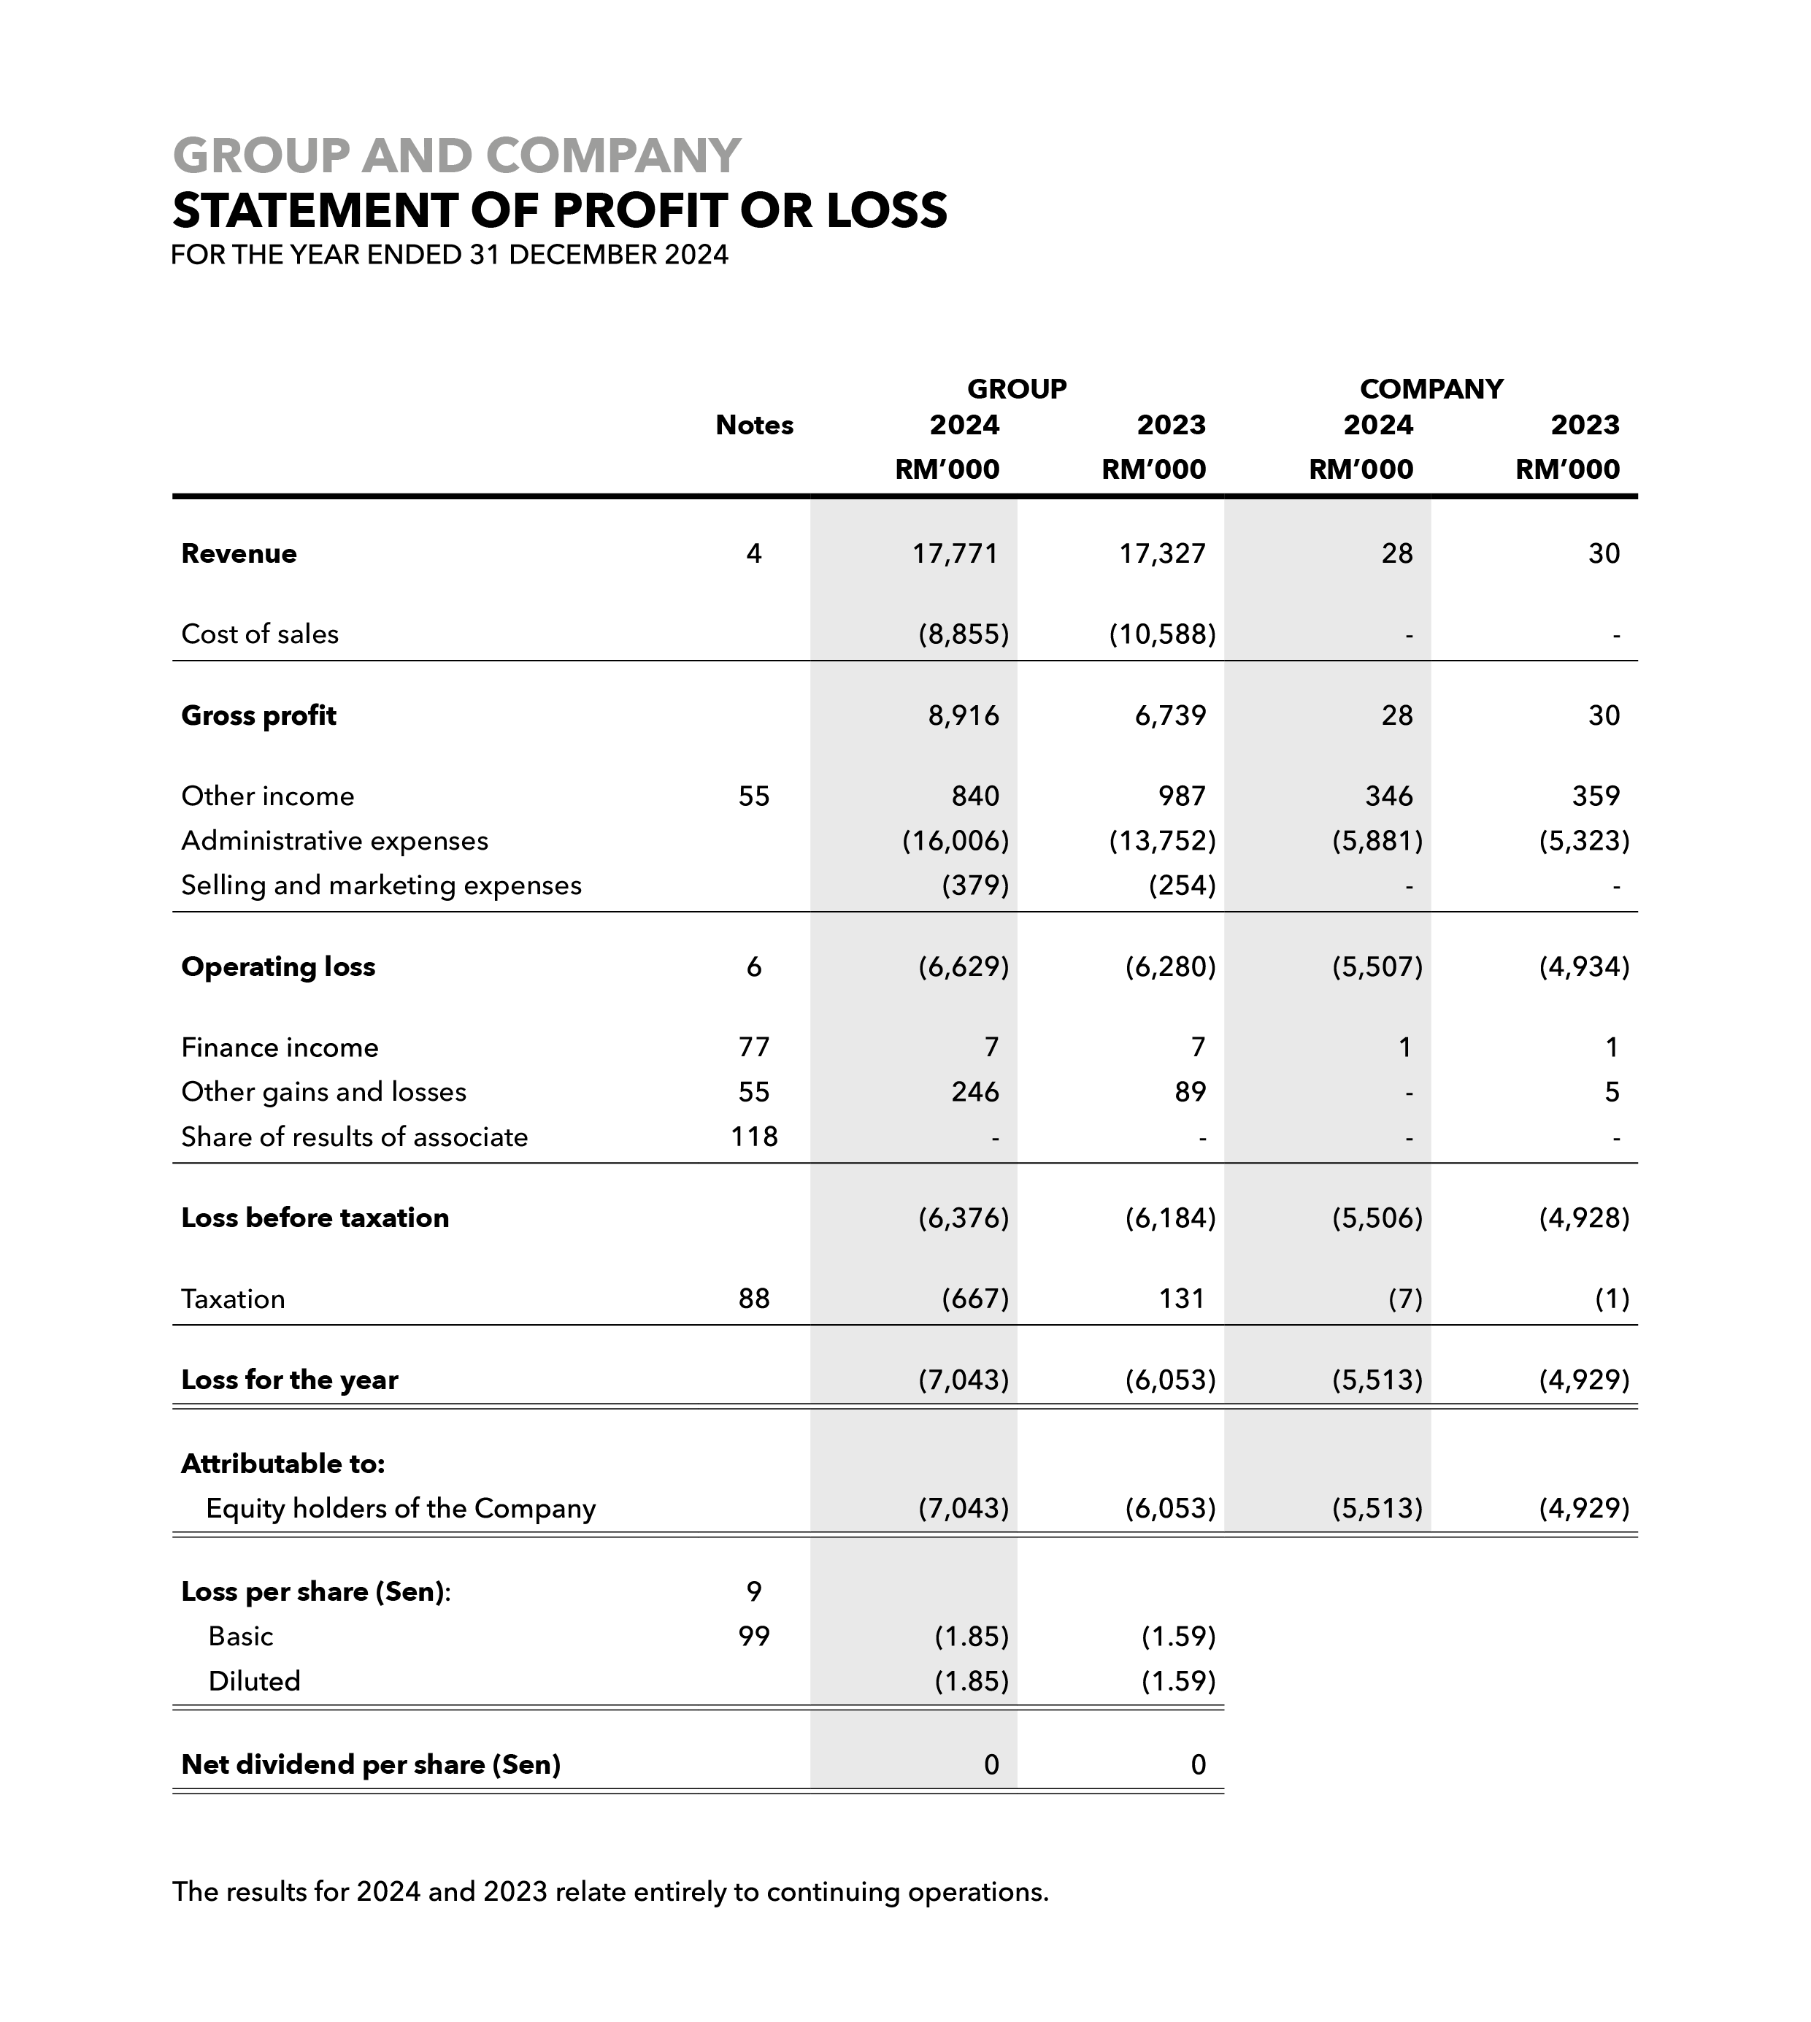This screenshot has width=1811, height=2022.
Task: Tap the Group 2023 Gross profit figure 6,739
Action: [x=1170, y=715]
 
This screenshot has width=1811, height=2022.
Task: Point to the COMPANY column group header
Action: [x=1431, y=389]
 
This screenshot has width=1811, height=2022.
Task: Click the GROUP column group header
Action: [x=1016, y=389]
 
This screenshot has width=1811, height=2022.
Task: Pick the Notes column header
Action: [x=754, y=426]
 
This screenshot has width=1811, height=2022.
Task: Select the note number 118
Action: [x=754, y=1137]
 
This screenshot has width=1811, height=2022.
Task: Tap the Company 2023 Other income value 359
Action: [x=1596, y=796]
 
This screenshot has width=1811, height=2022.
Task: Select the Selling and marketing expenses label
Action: [x=381, y=885]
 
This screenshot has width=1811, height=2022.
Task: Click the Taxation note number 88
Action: [x=754, y=1299]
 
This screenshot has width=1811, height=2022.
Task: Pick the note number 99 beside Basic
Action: [x=754, y=1636]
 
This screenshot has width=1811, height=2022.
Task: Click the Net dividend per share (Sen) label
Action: [x=370, y=1764]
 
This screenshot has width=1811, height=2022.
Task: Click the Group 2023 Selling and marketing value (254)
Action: [x=1182, y=885]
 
